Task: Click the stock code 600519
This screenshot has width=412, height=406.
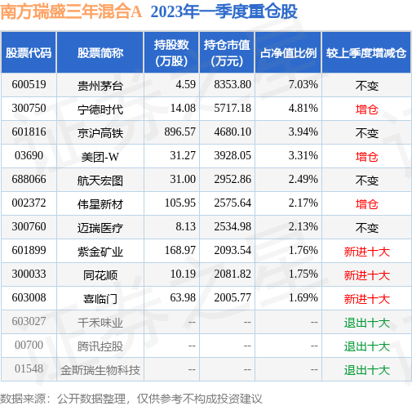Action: click(29, 84)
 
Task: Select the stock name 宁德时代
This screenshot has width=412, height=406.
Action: click(100, 109)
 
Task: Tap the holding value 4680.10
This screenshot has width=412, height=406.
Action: click(233, 132)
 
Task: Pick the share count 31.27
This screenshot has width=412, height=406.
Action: click(183, 155)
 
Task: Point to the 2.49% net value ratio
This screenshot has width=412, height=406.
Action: click(303, 179)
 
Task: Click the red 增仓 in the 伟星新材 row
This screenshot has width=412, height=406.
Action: click(367, 204)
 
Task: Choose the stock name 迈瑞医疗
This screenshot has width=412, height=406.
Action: click(100, 228)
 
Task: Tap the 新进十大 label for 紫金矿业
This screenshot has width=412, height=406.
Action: click(367, 252)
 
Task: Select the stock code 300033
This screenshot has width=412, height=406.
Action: click(29, 274)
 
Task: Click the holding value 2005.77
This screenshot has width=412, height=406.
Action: click(233, 297)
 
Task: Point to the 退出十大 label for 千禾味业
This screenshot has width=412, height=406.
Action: click(367, 323)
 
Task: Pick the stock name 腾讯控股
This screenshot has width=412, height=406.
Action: click(100, 346)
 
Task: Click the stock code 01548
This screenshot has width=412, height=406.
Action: click(29, 368)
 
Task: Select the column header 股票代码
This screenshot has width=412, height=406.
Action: click(29, 53)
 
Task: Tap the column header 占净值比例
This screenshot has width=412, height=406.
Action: click(288, 53)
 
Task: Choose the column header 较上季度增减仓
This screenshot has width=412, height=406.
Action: click(366, 53)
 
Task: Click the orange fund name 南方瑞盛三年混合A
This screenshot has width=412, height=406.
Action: click(71, 11)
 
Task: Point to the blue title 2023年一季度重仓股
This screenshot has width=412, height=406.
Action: click(224, 11)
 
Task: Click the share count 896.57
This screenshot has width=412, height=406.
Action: click(179, 132)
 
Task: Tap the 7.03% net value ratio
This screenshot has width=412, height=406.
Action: click(303, 84)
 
